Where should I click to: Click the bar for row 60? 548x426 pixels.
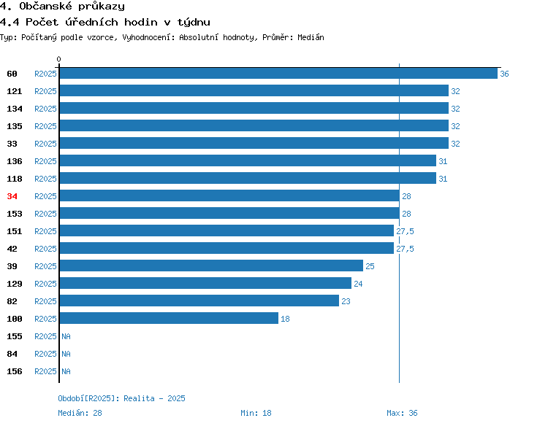(x=278, y=73)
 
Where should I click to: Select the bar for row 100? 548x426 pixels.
(x=170, y=318)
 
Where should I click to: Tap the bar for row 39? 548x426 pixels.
(x=211, y=266)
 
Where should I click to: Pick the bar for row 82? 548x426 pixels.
(x=199, y=301)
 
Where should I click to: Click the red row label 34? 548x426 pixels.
(x=12, y=196)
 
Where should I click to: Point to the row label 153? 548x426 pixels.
(x=15, y=214)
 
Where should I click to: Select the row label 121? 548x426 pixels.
(x=15, y=91)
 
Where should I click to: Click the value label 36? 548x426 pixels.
(x=504, y=74)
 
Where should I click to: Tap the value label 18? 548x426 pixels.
(x=285, y=319)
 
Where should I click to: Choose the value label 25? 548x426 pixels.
(x=370, y=266)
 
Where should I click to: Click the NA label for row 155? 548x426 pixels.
(x=66, y=336)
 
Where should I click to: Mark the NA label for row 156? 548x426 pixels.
(x=66, y=371)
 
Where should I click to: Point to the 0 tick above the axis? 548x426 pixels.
(x=58, y=59)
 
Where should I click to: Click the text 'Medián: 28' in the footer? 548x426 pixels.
(x=80, y=413)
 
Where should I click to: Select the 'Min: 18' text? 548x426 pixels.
(x=256, y=413)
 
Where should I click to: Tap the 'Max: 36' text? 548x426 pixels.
(x=402, y=413)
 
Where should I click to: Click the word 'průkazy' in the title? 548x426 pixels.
(x=102, y=7)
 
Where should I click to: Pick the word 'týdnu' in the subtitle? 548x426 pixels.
(x=194, y=23)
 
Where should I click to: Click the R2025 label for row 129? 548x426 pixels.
(x=45, y=284)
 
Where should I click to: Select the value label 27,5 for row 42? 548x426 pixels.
(x=405, y=249)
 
